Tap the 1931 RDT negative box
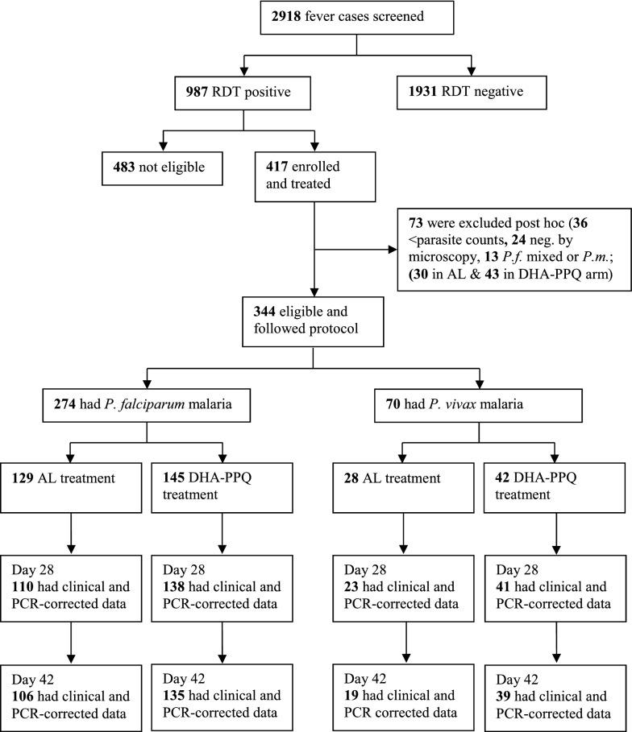(460, 92)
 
